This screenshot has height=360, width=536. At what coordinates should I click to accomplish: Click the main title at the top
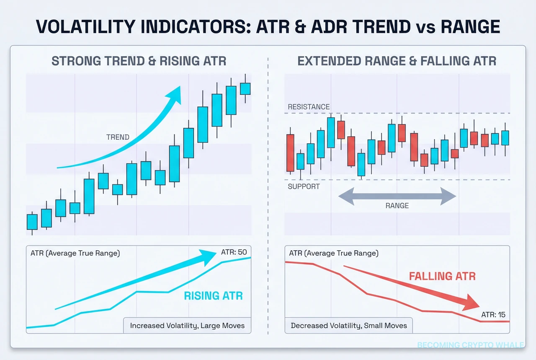click(268, 27)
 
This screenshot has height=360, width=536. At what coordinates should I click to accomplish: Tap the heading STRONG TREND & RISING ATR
click(139, 61)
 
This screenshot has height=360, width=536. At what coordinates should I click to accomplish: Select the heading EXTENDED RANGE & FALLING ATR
click(397, 61)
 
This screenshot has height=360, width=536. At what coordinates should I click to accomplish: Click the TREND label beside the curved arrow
click(118, 137)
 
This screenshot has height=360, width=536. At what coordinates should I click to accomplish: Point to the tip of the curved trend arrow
click(179, 88)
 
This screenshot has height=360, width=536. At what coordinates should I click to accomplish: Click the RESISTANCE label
click(309, 107)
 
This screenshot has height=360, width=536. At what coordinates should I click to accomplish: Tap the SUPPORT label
click(304, 186)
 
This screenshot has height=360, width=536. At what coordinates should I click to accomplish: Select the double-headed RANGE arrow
click(397, 196)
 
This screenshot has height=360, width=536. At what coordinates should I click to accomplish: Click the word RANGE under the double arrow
click(397, 206)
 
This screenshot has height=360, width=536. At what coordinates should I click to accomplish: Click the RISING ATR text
click(213, 295)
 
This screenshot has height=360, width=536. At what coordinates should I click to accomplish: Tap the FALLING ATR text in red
click(442, 276)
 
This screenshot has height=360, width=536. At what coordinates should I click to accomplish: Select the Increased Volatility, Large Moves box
click(187, 325)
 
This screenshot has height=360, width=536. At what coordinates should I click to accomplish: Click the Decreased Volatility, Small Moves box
click(348, 325)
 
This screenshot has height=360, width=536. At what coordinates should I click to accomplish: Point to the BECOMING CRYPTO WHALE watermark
click(470, 345)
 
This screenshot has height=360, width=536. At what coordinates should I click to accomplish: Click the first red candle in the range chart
click(290, 153)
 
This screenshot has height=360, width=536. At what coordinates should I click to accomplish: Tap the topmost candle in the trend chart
click(245, 88)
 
